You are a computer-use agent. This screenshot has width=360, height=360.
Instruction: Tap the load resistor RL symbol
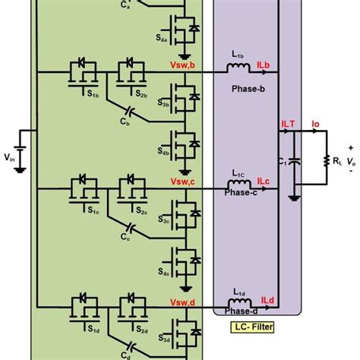tap(327, 160)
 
